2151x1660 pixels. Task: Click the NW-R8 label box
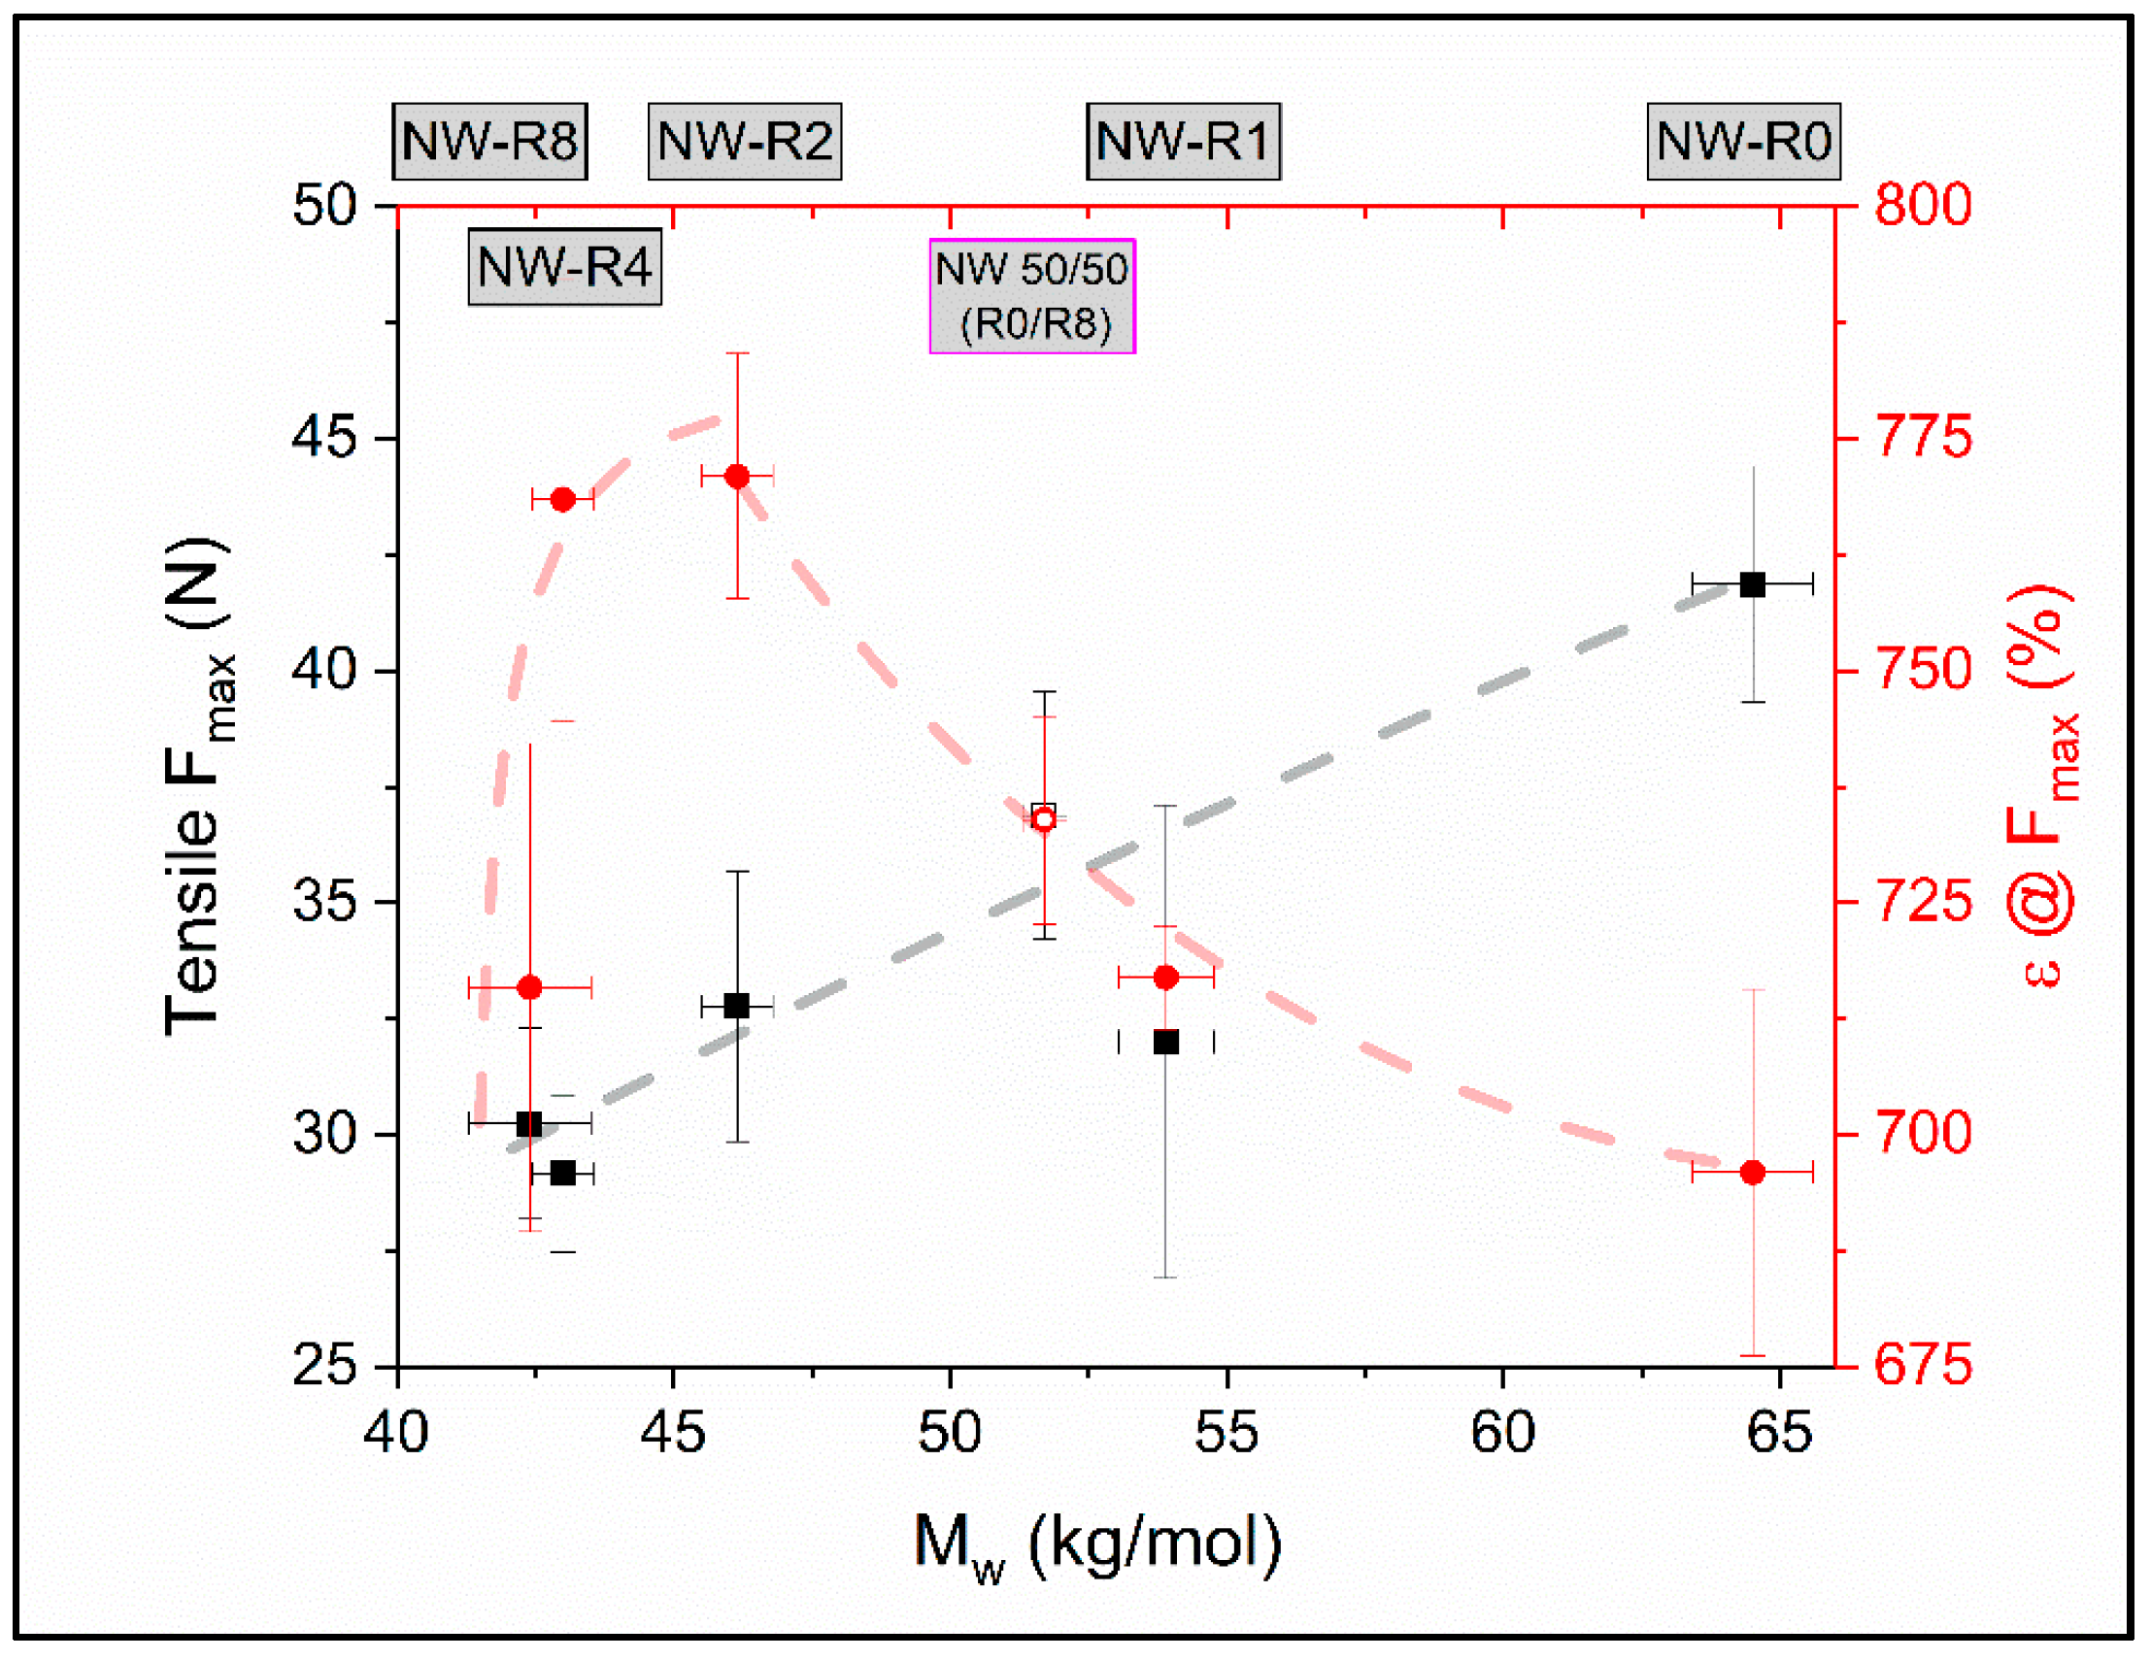[x=489, y=141]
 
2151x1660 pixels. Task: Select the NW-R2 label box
[x=745, y=141]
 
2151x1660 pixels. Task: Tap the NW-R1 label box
[x=1183, y=141]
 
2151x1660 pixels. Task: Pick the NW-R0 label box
[x=1743, y=141]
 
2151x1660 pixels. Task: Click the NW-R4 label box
[x=564, y=267]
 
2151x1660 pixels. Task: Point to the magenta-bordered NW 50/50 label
[x=1032, y=295]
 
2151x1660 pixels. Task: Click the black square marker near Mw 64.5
[x=1752, y=584]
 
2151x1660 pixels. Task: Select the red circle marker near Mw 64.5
[x=1752, y=1173]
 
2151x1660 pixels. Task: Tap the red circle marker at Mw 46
[x=737, y=477]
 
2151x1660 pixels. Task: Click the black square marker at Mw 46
[x=737, y=1006]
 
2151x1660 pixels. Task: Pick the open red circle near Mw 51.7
[x=1045, y=819]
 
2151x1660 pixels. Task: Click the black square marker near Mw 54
[x=1166, y=1042]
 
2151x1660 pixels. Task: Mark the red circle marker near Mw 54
[x=1166, y=978]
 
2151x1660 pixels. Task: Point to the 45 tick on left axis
[x=325, y=437]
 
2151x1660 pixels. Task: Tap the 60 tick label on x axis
[x=1503, y=1434]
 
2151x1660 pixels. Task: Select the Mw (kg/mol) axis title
[x=1097, y=1544]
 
